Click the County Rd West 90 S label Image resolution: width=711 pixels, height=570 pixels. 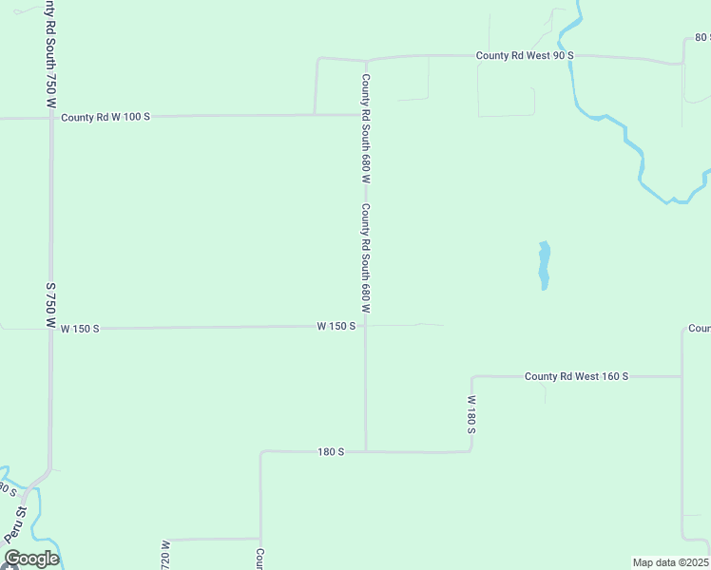pyautogui.click(x=525, y=56)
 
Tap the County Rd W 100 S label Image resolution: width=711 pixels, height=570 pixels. pyautogui.click(x=106, y=117)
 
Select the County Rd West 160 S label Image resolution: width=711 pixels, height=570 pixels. pyautogui.click(x=576, y=376)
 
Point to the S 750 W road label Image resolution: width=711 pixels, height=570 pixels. pyautogui.click(x=51, y=304)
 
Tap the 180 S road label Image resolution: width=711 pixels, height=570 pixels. pyautogui.click(x=331, y=452)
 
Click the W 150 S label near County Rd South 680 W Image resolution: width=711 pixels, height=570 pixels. pyautogui.click(x=336, y=326)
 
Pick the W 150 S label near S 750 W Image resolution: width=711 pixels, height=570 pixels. pyautogui.click(x=80, y=329)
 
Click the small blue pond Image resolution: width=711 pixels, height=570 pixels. pyautogui.click(x=544, y=265)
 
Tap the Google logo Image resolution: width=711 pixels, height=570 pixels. pyautogui.click(x=30, y=559)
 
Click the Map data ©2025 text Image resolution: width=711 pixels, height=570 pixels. pyautogui.click(x=671, y=562)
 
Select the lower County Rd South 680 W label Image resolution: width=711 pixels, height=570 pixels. pyautogui.click(x=365, y=258)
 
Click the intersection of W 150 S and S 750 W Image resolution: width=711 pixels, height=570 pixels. pyautogui.click(x=51, y=329)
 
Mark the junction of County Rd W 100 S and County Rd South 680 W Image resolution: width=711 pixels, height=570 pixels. pyautogui.click(x=366, y=115)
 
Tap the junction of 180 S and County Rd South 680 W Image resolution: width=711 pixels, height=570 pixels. pyautogui.click(x=366, y=452)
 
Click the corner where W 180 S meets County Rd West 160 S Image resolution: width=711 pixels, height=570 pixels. pyautogui.click(x=471, y=376)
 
